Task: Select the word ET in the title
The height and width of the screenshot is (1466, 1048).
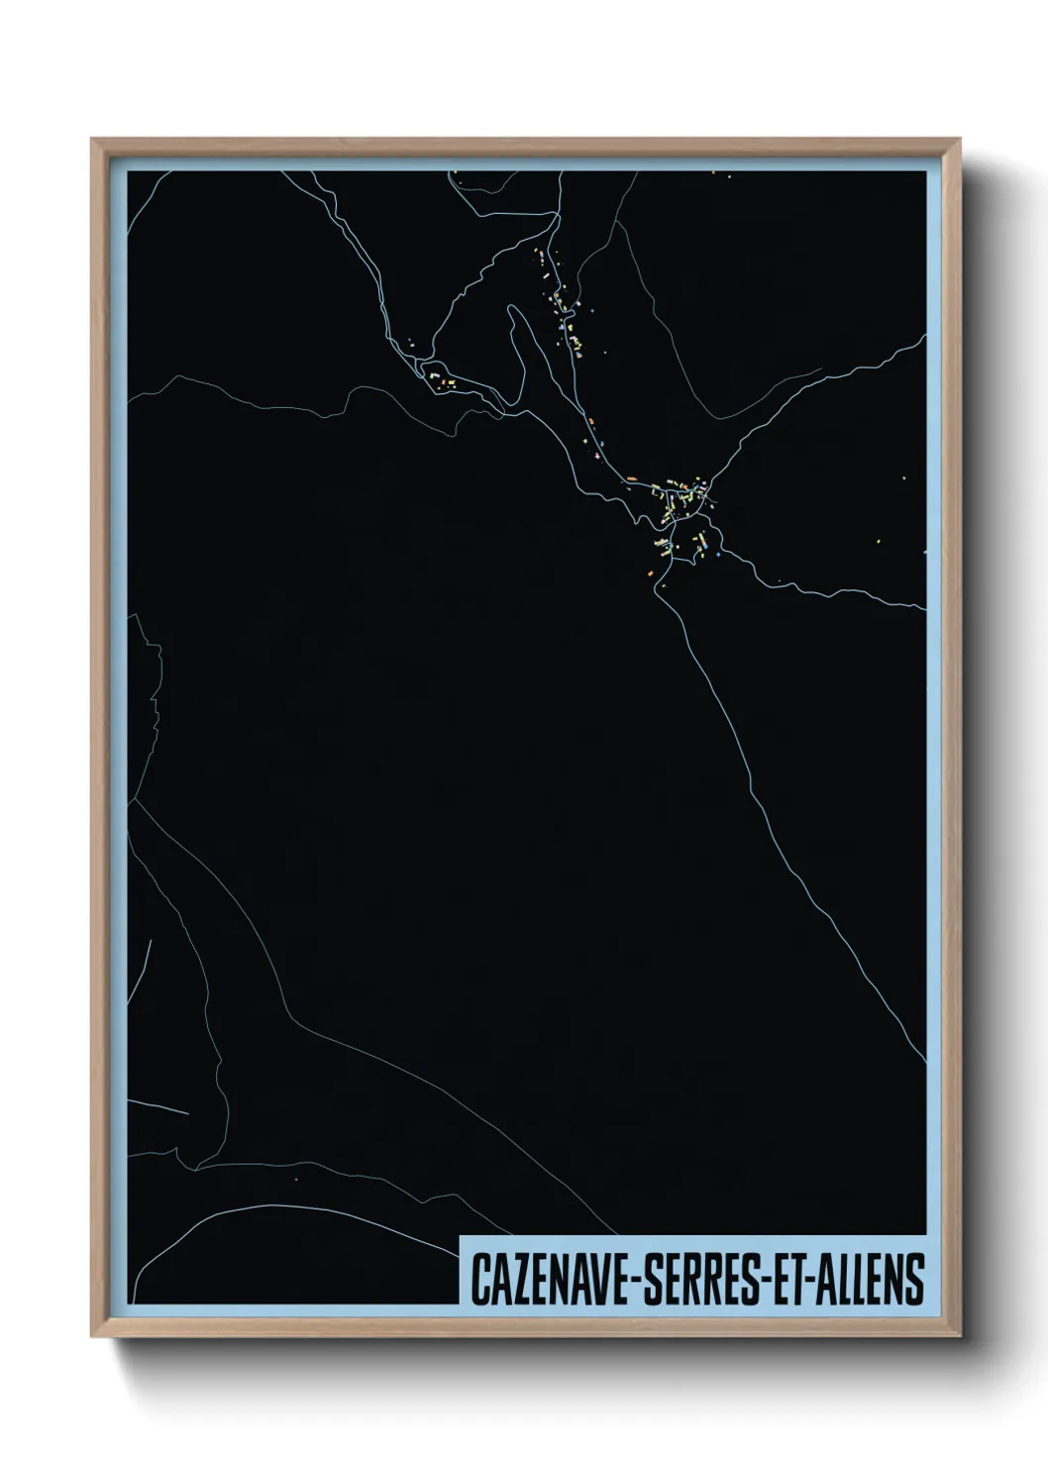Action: tap(784, 1280)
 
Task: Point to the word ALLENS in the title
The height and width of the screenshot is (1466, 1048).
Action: tap(868, 1280)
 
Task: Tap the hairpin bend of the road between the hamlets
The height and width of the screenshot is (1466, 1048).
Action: tap(513, 310)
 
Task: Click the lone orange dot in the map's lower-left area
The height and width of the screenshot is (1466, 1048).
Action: tap(296, 1180)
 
